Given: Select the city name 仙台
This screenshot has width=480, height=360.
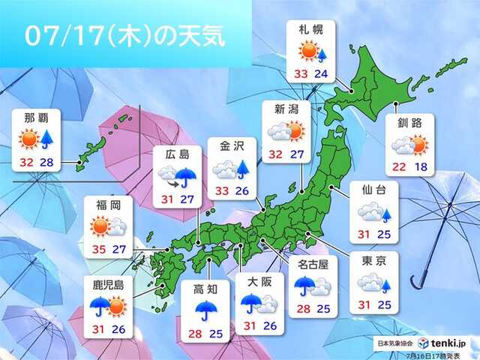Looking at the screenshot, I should (371, 190).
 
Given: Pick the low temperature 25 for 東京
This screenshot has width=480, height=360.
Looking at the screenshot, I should (385, 305).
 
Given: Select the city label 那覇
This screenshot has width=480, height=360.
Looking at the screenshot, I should (37, 118).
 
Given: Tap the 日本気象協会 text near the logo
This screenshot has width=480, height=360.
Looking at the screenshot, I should (395, 343).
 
